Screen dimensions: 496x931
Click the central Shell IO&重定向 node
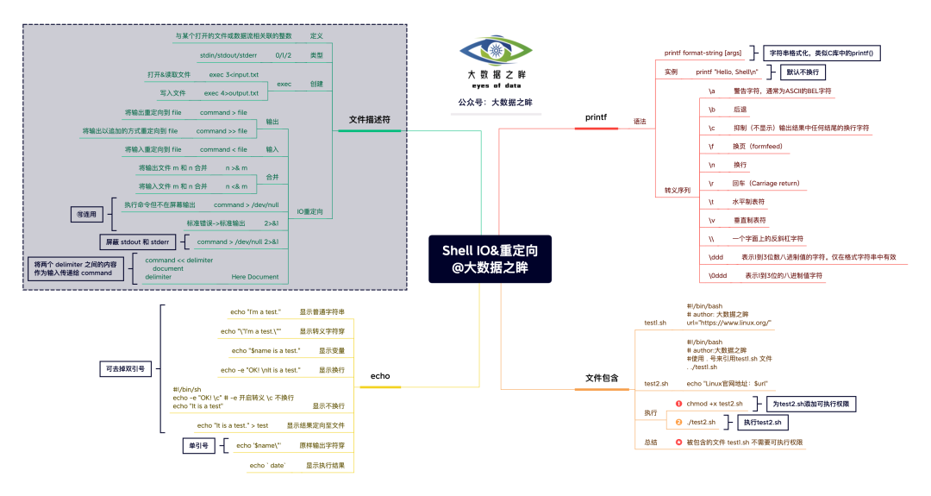click(490, 259)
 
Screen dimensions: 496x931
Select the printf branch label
click(596, 116)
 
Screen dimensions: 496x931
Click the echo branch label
click(380, 375)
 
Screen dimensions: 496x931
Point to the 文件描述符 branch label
click(368, 119)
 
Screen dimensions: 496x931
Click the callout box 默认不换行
click(802, 72)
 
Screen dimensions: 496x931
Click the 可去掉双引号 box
click(124, 368)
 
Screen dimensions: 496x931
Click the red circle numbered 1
click(678, 403)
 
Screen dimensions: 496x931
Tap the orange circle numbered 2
click(678, 422)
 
